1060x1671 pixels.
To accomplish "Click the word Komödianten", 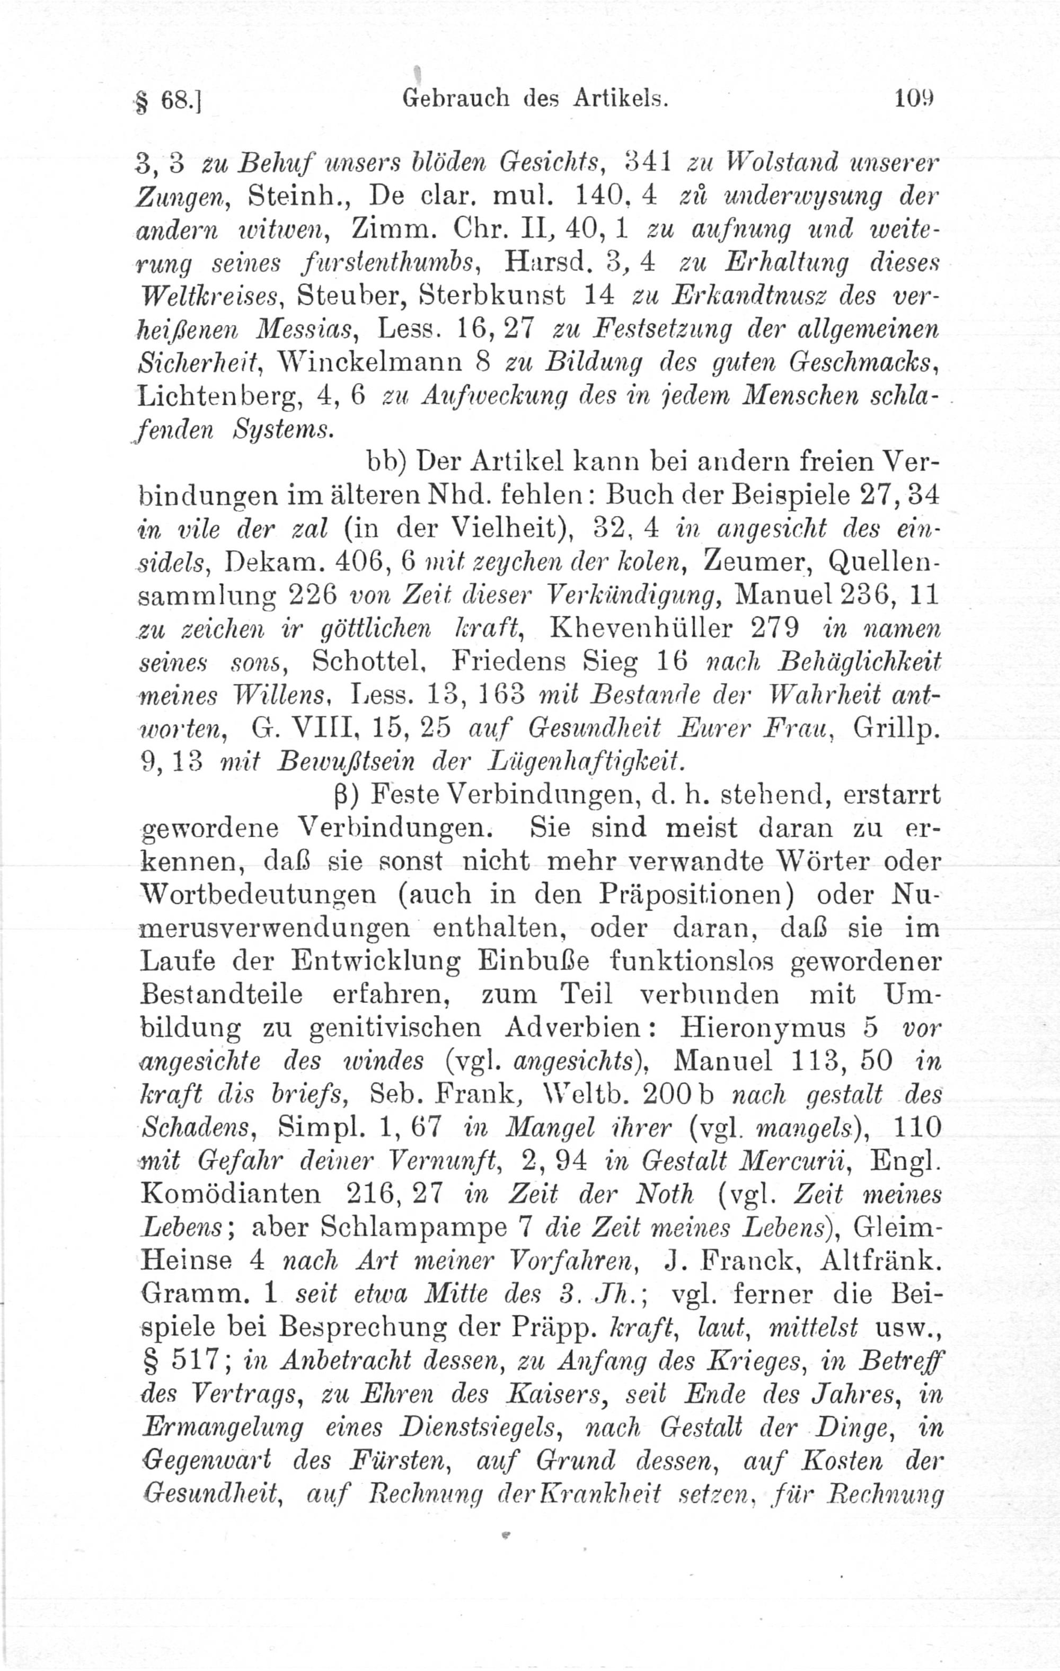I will tap(231, 1194).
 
